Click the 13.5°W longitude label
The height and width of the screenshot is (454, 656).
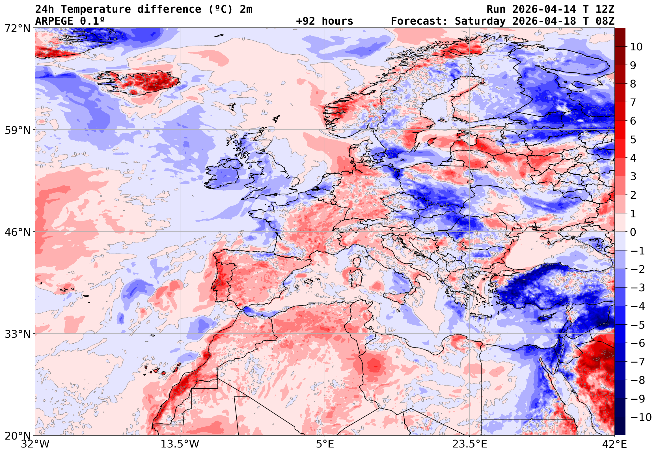[180, 444]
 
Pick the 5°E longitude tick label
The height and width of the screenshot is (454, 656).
[325, 444]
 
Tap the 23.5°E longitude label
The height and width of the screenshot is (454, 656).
[469, 444]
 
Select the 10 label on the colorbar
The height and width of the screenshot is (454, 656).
[636, 47]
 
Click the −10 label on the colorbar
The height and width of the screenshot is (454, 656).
[640, 417]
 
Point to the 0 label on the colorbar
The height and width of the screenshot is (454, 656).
[633, 232]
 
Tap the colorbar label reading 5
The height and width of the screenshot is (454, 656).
[633, 140]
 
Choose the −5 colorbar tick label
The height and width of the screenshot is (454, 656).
[638, 325]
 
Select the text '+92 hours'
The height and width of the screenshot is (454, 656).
[324, 21]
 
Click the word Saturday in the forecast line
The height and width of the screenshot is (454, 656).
[480, 21]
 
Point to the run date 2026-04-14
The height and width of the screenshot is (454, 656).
[544, 9]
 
